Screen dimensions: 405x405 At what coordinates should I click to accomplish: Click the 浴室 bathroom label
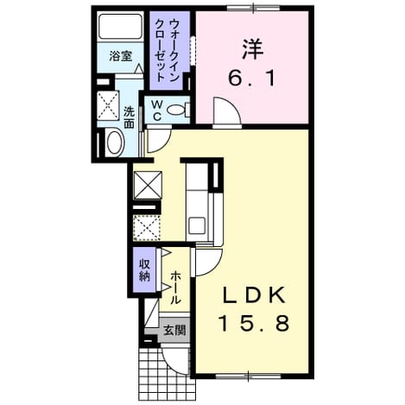tap(121, 56)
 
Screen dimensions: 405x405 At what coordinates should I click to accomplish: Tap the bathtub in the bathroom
tap(121, 26)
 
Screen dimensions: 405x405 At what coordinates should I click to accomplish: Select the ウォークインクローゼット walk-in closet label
tap(167, 49)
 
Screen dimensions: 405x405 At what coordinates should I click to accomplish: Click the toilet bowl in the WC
tap(176, 110)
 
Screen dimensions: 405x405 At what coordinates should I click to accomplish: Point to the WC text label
tap(157, 110)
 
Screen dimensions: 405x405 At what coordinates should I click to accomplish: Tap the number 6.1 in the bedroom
tap(252, 79)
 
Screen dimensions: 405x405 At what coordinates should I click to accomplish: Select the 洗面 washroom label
tap(129, 117)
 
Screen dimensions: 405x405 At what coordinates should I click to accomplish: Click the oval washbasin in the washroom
tap(115, 143)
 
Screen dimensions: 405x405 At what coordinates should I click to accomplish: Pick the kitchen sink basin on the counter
tap(197, 225)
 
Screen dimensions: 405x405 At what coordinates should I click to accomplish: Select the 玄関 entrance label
tap(174, 330)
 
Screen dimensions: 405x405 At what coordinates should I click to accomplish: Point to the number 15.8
tap(253, 323)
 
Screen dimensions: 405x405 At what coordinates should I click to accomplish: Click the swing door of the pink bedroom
tap(227, 112)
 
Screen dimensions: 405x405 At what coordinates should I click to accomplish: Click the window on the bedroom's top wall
tap(253, 9)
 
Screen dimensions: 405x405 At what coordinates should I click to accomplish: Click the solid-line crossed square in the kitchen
tap(149, 185)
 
